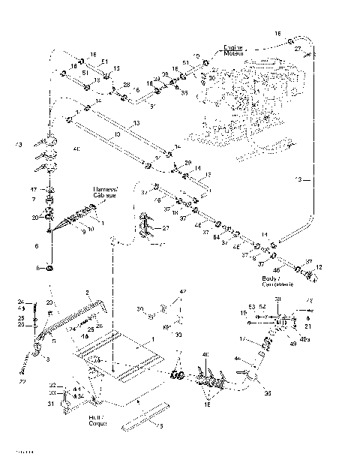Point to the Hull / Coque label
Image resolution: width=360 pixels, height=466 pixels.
click(96, 421)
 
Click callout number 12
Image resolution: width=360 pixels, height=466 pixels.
click(319, 268)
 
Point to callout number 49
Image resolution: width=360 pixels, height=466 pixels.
click(282, 344)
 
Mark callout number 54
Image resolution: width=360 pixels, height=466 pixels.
click(216, 238)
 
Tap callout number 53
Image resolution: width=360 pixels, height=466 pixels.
click(252, 306)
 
